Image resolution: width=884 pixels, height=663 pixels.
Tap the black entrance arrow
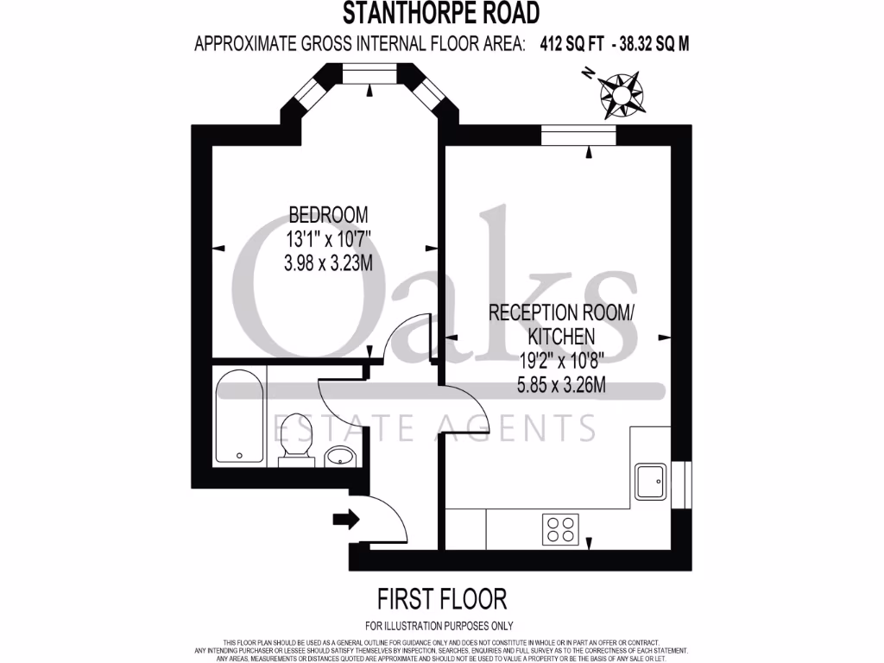pos(344,519)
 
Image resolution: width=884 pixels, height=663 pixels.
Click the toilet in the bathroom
pos(295,440)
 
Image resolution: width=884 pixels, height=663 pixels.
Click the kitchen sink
pos(650,480)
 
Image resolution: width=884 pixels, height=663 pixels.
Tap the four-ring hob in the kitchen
pos(560,528)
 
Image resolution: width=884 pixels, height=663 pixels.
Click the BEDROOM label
pos(328,214)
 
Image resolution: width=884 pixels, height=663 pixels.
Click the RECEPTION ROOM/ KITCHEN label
pos(561,324)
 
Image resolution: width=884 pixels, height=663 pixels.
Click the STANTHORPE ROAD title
pos(441,14)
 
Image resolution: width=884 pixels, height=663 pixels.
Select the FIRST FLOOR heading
pos(441,597)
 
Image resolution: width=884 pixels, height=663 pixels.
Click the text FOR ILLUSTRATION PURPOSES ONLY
pos(440,626)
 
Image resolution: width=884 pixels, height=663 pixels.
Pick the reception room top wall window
pos(578,135)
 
